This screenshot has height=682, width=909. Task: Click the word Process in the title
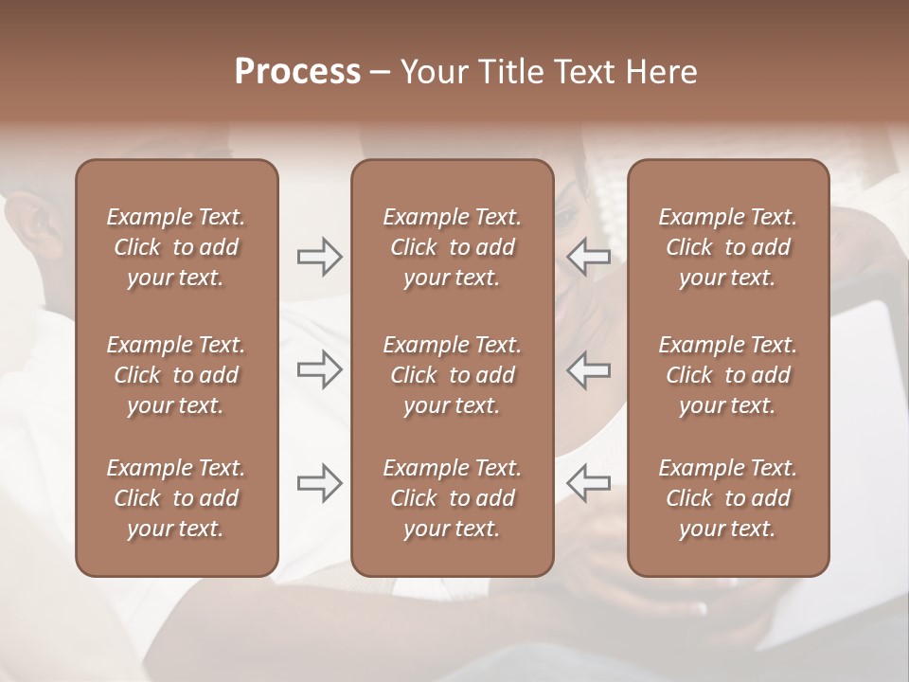pyautogui.click(x=297, y=72)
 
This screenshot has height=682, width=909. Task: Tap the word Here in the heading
pyautogui.click(x=661, y=72)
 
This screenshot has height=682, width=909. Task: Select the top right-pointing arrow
pyautogui.click(x=319, y=257)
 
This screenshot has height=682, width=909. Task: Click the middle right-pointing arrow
pyautogui.click(x=319, y=369)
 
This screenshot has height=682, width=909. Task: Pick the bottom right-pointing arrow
pyautogui.click(x=319, y=483)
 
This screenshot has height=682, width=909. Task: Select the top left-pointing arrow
pyautogui.click(x=589, y=257)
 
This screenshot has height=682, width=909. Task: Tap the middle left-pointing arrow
pyautogui.click(x=589, y=369)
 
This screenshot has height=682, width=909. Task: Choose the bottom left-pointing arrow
pyautogui.click(x=589, y=483)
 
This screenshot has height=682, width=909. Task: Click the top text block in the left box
pyautogui.click(x=176, y=247)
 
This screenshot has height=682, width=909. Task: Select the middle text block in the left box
pyautogui.click(x=176, y=375)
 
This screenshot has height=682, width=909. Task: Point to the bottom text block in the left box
pyautogui.click(x=176, y=498)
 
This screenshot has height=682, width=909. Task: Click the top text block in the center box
pyautogui.click(x=452, y=247)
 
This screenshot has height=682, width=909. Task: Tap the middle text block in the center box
pyautogui.click(x=452, y=375)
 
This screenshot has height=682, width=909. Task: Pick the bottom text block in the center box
pyautogui.click(x=452, y=498)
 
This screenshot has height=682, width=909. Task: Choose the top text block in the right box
pyautogui.click(x=727, y=247)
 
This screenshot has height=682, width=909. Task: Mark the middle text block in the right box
pyautogui.click(x=727, y=375)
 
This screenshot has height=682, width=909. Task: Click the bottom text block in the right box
pyautogui.click(x=727, y=498)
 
